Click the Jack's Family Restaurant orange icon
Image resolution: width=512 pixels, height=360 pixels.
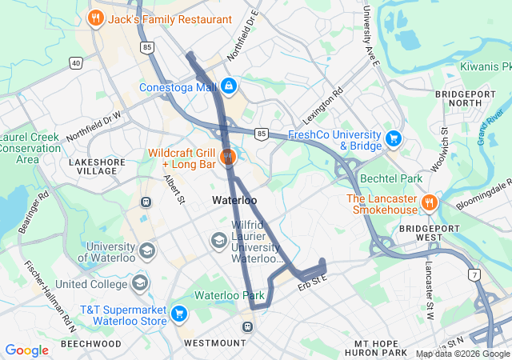point(96,18)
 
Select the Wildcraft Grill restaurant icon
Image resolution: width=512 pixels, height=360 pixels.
point(228,156)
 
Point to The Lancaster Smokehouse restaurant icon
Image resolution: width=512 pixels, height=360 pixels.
point(429,203)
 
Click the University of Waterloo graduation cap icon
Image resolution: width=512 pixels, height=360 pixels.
point(146,252)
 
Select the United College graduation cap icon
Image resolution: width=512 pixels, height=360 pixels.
point(140,283)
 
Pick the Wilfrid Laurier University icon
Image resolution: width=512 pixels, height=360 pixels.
point(218,240)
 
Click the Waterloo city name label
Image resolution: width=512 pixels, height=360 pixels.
point(234,200)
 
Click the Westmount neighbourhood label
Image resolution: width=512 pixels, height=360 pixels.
point(215,343)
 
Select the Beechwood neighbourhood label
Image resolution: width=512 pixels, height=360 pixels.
point(90,343)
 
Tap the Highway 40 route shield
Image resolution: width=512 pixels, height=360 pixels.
point(76,62)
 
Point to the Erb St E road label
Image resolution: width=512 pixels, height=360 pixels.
point(314,282)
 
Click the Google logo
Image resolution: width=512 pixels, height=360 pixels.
point(26,350)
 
